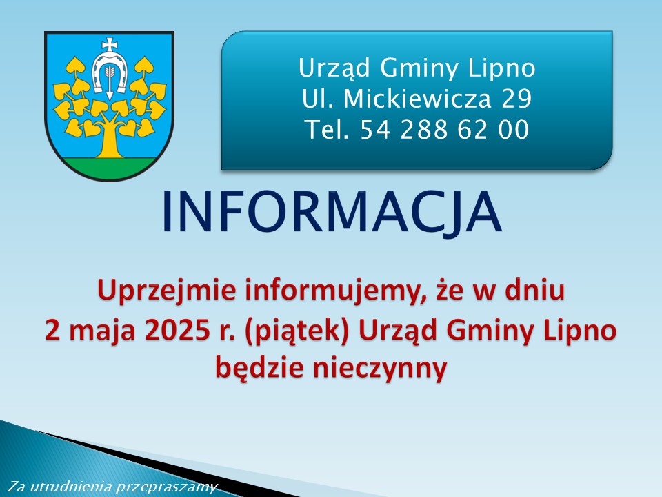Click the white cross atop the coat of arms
(110, 45)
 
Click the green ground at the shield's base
(109, 168)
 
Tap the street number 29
(516, 99)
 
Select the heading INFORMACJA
(332, 212)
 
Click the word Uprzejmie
(167, 291)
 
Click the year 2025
(177, 331)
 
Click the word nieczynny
(379, 369)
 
